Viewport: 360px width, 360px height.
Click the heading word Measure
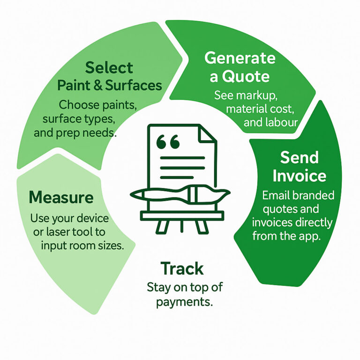click(x=61, y=198)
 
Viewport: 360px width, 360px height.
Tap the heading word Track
click(x=182, y=269)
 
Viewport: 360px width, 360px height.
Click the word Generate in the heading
click(x=240, y=58)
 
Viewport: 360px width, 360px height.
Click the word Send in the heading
click(x=298, y=157)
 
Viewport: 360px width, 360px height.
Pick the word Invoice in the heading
click(x=299, y=176)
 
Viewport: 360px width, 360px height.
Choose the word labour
click(x=284, y=123)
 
